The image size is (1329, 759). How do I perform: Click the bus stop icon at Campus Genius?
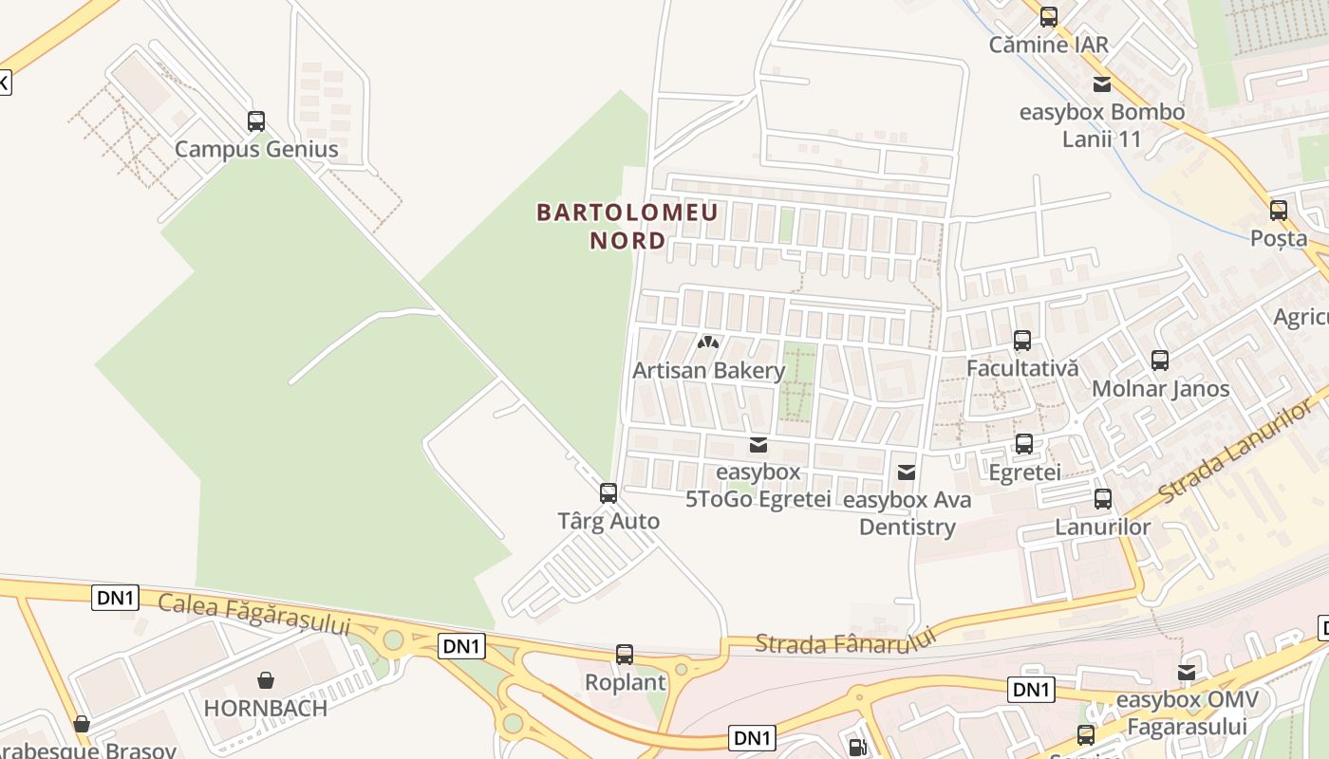point(256,121)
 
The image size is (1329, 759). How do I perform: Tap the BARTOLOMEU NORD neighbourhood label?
point(627,226)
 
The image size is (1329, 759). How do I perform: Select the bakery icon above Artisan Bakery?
point(708,342)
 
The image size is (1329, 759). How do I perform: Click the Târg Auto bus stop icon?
point(608,493)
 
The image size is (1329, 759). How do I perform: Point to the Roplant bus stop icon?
point(625,655)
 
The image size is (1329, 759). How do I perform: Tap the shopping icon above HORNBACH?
point(266,680)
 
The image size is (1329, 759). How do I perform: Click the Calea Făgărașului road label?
point(254,614)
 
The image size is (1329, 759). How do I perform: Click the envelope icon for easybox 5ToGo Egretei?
point(758,444)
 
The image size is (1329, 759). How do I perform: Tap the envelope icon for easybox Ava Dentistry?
point(907,472)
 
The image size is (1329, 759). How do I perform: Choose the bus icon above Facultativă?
point(1022,341)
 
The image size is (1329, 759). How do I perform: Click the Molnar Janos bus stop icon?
point(1160,361)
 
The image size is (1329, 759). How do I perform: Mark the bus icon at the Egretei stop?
point(1024,444)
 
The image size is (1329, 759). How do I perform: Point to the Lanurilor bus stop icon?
point(1103,499)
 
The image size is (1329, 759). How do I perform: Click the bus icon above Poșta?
point(1279,211)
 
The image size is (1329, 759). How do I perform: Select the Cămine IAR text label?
point(1048,45)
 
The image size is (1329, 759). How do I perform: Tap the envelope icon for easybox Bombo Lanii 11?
point(1102,84)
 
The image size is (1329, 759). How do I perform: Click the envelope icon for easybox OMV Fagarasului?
point(1187,673)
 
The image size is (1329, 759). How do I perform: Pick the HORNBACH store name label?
point(266,708)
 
